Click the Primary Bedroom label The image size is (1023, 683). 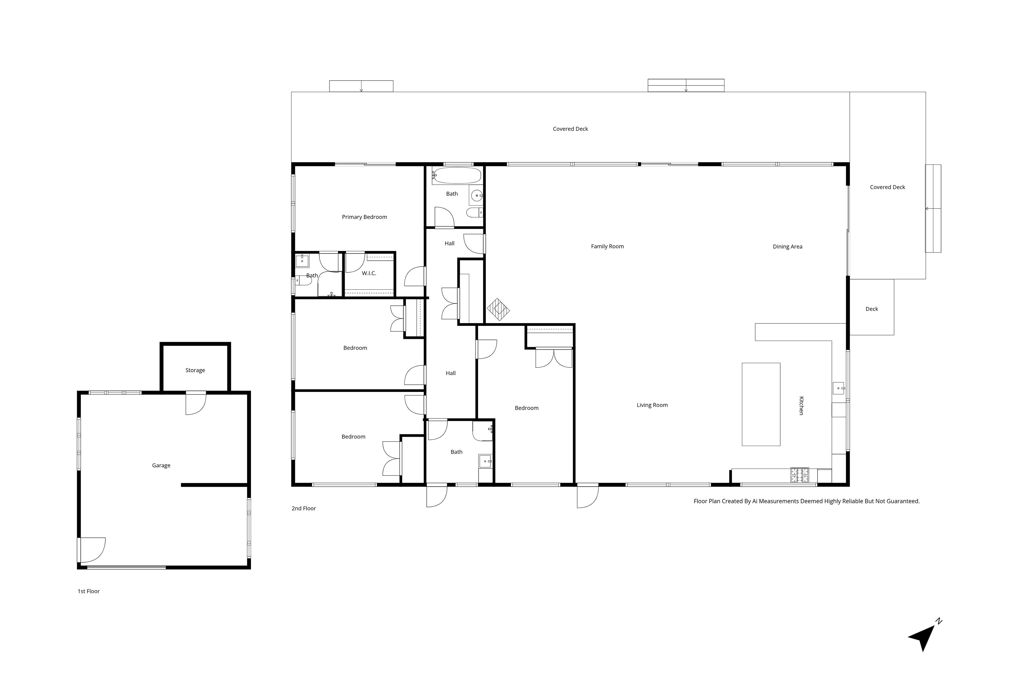coord(364,217)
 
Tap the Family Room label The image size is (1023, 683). coord(607,247)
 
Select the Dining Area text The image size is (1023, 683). coord(787,247)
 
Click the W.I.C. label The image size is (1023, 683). coord(369,273)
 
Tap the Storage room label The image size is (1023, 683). coord(195,370)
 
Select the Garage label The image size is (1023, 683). coord(161,465)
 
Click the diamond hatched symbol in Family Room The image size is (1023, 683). coord(498,310)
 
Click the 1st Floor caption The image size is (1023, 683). coord(88,591)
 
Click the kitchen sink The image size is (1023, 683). coord(838,388)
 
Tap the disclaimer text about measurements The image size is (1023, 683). coord(807,501)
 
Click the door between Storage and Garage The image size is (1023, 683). coord(196,403)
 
